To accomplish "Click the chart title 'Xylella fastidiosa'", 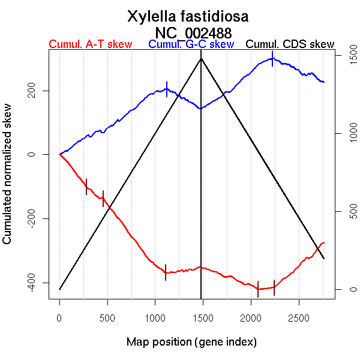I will [188, 16].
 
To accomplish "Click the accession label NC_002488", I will [193, 32].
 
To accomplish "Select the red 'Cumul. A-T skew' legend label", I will [90, 44].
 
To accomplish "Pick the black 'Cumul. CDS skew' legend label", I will [290, 44].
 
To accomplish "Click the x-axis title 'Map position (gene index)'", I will [191, 342].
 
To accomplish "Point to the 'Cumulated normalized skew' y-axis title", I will [8, 181].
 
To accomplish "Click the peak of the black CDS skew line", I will [201, 58].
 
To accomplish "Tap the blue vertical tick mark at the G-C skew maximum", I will [272, 58].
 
